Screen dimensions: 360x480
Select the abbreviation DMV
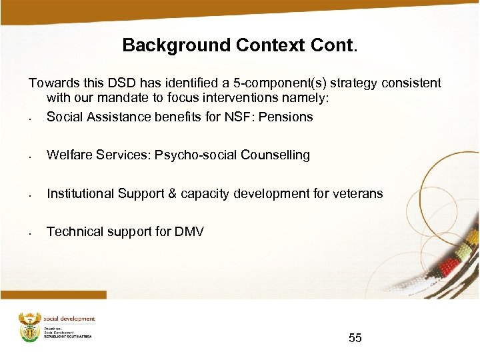point(189,232)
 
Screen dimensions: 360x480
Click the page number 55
point(355,338)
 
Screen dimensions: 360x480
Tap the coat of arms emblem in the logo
point(29,326)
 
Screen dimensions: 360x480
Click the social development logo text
point(69,319)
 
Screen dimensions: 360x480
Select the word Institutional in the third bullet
point(80,194)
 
